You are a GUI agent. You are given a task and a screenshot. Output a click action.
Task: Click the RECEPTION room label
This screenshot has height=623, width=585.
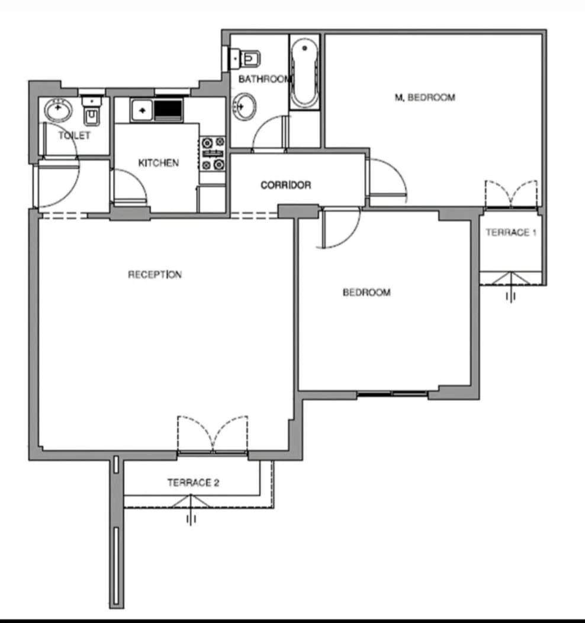[155, 274]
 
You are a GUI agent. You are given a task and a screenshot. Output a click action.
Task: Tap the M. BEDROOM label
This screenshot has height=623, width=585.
[425, 98]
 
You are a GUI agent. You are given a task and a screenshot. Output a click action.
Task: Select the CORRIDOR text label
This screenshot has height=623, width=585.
[285, 186]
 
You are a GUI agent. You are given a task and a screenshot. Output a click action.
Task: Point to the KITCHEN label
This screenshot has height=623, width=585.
[158, 163]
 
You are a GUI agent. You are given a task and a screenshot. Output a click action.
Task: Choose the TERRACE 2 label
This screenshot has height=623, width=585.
[193, 483]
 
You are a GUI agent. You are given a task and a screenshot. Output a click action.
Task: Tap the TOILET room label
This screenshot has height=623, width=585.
[75, 136]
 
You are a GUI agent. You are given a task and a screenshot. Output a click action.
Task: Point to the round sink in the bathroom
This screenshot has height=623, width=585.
[245, 106]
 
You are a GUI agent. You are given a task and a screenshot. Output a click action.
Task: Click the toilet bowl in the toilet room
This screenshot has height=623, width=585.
[92, 113]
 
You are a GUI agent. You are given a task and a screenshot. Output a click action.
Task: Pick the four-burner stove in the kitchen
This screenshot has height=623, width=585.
[213, 153]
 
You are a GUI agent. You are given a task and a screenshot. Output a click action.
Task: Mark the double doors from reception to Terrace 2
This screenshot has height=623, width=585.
[213, 436]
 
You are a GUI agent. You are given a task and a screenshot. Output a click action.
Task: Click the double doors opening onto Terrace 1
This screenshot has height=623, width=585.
[511, 194]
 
